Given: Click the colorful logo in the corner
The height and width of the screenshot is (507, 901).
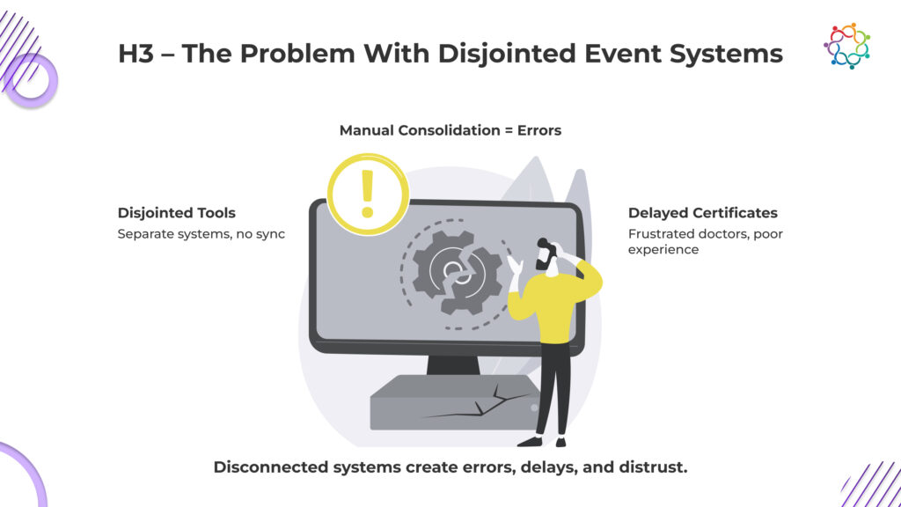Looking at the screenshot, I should click(x=846, y=46).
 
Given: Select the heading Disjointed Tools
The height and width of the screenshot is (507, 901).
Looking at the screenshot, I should click(x=176, y=213).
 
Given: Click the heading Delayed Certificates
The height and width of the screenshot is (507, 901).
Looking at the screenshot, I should click(x=702, y=213).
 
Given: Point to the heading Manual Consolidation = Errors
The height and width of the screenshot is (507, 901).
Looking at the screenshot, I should click(x=450, y=130).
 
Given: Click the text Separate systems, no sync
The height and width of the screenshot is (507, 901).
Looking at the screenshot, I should click(x=201, y=234).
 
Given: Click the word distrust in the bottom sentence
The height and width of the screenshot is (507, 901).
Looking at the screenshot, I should click(x=654, y=467).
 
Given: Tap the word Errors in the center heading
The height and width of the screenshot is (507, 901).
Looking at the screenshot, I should click(x=538, y=130).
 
